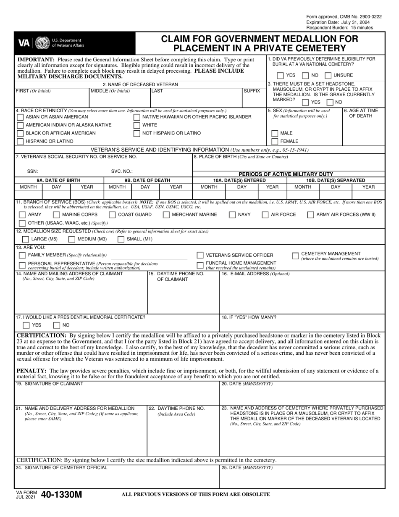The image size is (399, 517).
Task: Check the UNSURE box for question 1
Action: (x=328, y=76)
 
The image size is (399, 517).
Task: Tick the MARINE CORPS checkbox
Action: (x=57, y=215)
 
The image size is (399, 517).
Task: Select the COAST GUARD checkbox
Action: (x=112, y=215)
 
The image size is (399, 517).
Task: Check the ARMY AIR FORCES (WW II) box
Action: (x=310, y=215)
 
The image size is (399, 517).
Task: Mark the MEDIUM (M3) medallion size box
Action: (x=72, y=240)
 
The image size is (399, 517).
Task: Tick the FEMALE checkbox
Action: (x=275, y=142)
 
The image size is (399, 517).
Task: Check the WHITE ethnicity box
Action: (x=137, y=125)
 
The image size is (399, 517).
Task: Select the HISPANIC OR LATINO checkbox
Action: (x=20, y=142)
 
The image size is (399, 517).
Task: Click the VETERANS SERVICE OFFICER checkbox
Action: (x=200, y=255)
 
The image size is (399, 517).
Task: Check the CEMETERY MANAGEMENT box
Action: (x=295, y=256)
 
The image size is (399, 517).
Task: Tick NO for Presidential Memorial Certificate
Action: (x=57, y=325)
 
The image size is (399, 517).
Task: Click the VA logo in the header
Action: (x=24, y=43)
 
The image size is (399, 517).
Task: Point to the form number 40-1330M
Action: (x=62, y=495)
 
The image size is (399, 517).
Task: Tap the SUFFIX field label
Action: (x=252, y=91)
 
